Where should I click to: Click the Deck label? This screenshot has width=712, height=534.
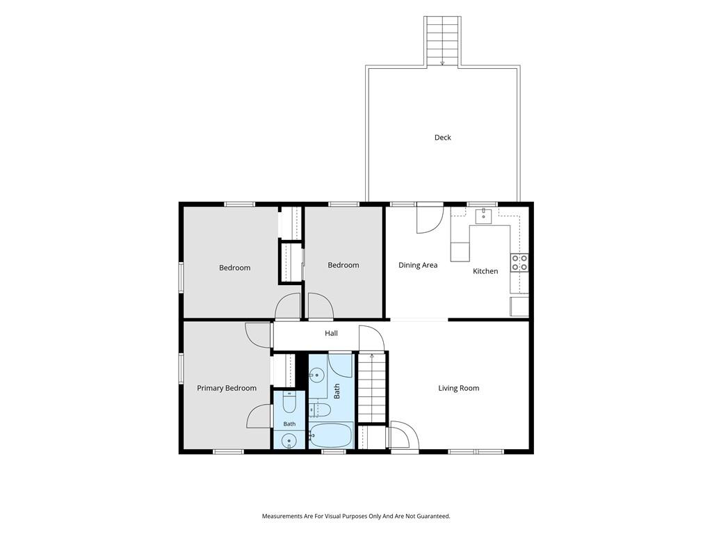pyautogui.click(x=443, y=138)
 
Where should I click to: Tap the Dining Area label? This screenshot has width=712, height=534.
pyautogui.click(x=418, y=265)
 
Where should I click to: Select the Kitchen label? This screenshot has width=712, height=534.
pyautogui.click(x=485, y=271)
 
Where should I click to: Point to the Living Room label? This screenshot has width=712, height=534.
pyautogui.click(x=459, y=388)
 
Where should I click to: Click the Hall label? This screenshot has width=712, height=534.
pyautogui.click(x=331, y=333)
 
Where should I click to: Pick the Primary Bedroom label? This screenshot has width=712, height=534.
pyautogui.click(x=227, y=388)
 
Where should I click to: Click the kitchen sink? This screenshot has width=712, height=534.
pyautogui.click(x=484, y=216)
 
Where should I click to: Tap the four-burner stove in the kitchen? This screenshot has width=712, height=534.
pyautogui.click(x=519, y=263)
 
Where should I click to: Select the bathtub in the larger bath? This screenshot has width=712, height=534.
pyautogui.click(x=330, y=435)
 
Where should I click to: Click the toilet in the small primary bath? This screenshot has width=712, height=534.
pyautogui.click(x=290, y=401)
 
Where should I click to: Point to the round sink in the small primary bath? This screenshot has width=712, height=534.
pyautogui.click(x=289, y=440)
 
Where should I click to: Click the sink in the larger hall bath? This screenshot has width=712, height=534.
pyautogui.click(x=316, y=375)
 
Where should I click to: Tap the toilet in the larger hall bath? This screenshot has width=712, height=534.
pyautogui.click(x=320, y=410)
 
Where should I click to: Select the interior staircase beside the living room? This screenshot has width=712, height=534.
pyautogui.click(x=372, y=387)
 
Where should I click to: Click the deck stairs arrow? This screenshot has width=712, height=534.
pyautogui.click(x=442, y=63)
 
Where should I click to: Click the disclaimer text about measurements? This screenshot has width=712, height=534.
pyautogui.click(x=356, y=517)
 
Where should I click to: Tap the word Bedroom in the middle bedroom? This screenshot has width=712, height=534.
pyautogui.click(x=343, y=265)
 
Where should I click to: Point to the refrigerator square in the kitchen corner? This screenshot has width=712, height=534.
pyautogui.click(x=519, y=307)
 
